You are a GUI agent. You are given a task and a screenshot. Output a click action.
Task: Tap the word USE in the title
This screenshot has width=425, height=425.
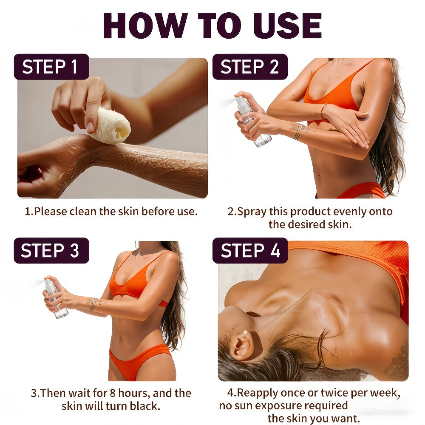click(288, 25)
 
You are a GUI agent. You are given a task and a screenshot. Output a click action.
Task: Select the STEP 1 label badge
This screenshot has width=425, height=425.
click(51, 67)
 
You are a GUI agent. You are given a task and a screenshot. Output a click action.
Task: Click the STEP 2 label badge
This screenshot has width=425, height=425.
click(250, 67)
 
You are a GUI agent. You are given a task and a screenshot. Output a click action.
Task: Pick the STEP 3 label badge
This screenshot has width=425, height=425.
click(51, 250)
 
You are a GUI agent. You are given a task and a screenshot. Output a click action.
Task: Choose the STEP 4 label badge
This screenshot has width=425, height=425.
click(250, 250)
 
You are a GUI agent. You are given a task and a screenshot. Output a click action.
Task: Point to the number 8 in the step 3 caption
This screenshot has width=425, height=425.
click(113, 393)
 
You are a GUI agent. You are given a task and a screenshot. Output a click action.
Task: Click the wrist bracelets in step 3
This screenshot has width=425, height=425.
click(93, 304)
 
